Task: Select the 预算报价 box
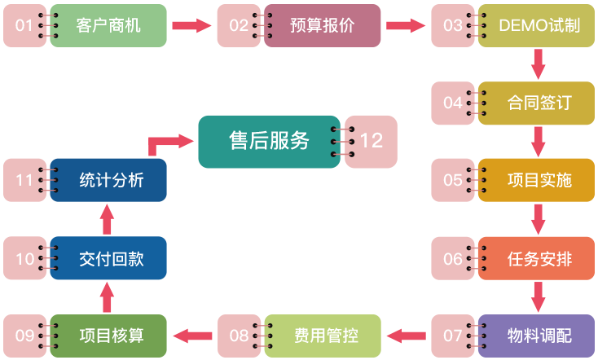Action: click(x=322, y=25)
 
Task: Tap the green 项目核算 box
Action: click(x=109, y=335)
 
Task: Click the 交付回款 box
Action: click(x=109, y=258)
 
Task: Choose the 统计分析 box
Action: click(x=109, y=180)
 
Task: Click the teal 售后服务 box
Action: click(x=269, y=140)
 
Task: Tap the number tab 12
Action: click(x=371, y=140)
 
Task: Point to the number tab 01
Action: click(x=24, y=25)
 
